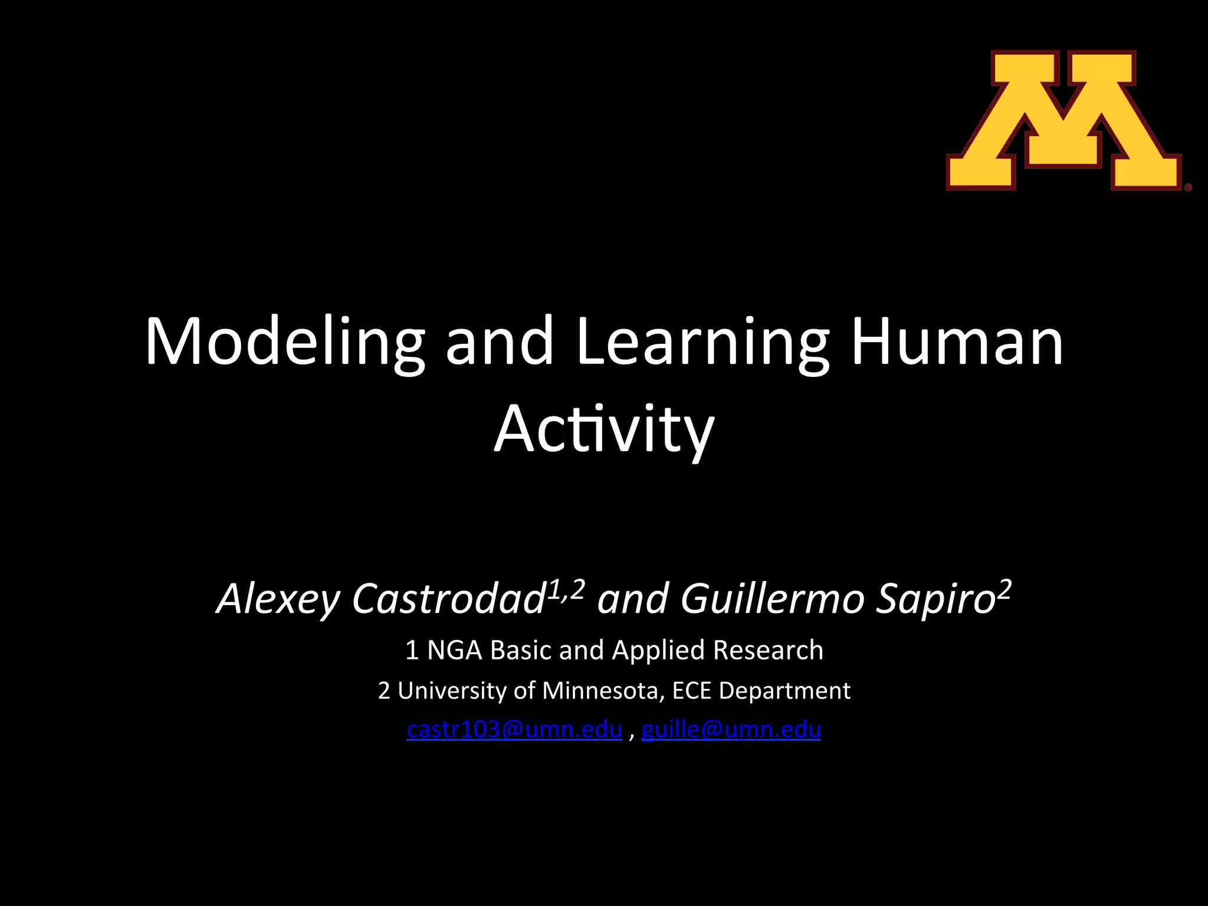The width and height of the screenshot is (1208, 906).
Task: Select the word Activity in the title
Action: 604,429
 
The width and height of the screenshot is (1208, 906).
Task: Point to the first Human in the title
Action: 957,342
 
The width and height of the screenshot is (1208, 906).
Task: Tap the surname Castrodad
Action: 448,599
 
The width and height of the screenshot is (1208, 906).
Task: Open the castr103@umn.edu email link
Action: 514,730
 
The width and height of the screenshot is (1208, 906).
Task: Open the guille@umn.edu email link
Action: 731,730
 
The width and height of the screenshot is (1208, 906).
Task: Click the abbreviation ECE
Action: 691,690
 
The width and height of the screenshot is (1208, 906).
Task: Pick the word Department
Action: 784,690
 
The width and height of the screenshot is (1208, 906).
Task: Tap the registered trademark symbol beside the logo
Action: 1188,188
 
